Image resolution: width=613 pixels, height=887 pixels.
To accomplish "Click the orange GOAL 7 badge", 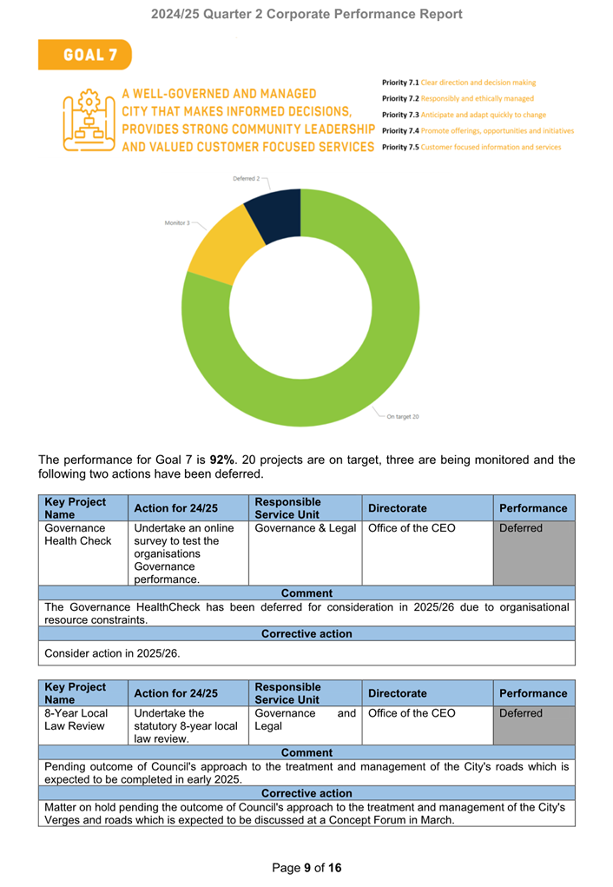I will point(84,55).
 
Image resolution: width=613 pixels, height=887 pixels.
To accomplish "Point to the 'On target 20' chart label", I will point(403,417).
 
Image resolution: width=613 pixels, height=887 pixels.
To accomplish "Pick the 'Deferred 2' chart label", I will point(246,178).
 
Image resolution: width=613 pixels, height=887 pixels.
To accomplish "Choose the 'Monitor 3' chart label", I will point(177,223).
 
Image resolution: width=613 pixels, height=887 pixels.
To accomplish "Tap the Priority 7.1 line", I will point(458,83).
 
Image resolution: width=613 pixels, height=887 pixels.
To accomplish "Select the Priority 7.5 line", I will point(471,147).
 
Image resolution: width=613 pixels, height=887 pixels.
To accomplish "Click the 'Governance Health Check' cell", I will point(75,535).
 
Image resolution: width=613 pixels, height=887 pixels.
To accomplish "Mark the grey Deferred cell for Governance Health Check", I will point(534,553).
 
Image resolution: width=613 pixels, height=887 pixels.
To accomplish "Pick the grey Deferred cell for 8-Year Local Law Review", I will point(534,725).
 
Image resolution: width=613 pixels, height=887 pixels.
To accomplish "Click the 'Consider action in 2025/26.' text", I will point(113,653).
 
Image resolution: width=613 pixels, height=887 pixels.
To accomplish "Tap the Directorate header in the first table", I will point(398,508).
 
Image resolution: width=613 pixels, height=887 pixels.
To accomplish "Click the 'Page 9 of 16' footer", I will point(306,868).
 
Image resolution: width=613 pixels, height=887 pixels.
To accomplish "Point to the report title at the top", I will point(306,14).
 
